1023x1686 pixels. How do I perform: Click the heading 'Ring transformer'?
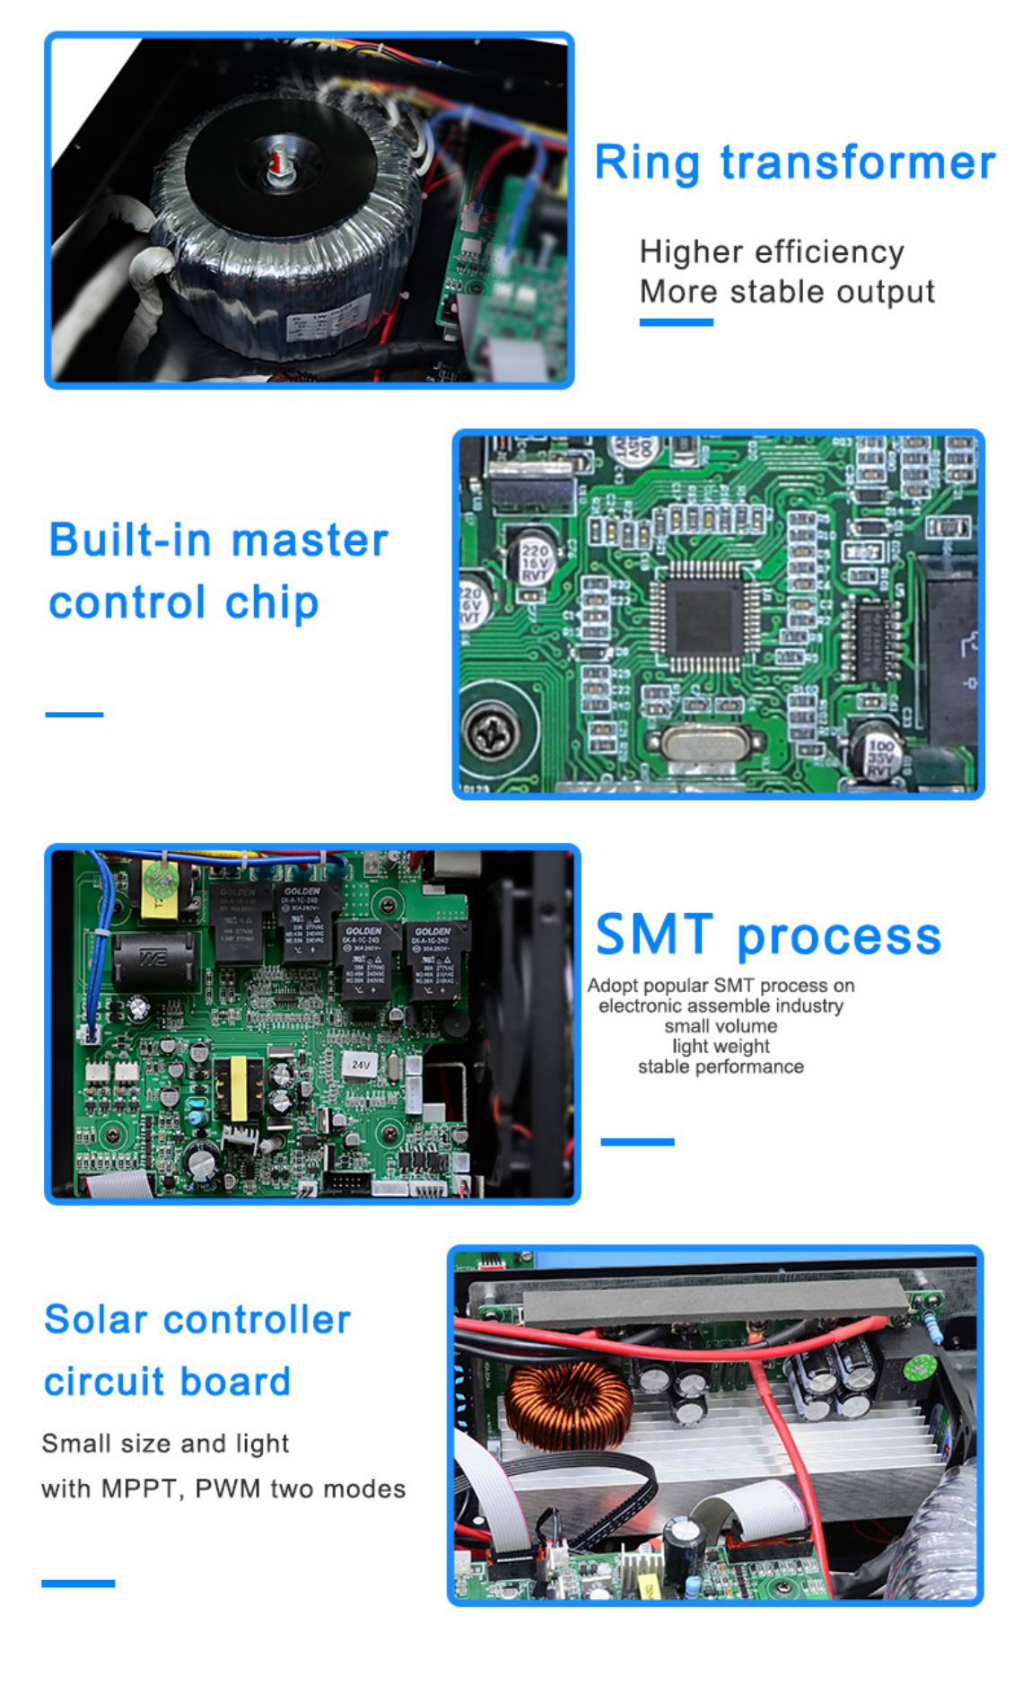pyautogui.click(x=794, y=163)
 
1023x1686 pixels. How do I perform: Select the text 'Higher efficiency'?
pyautogui.click(x=772, y=252)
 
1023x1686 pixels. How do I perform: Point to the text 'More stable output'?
pyautogui.click(x=787, y=292)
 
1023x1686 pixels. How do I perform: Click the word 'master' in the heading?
pyautogui.click(x=310, y=540)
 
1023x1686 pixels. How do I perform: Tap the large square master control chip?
pyautogui.click(x=704, y=618)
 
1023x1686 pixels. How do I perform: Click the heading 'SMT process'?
pyautogui.click(x=768, y=935)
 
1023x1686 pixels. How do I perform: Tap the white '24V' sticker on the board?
pyautogui.click(x=361, y=1064)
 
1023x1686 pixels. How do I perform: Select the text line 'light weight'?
pyautogui.click(x=721, y=1046)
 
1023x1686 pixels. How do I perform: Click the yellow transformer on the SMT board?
pyautogui.click(x=239, y=1088)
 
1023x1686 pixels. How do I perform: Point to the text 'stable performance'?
pyautogui.click(x=721, y=1067)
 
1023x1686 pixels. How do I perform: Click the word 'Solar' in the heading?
pyautogui.click(x=96, y=1320)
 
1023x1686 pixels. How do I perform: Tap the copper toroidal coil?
pyautogui.click(x=567, y=1405)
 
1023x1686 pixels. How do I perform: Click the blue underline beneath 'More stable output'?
pyautogui.click(x=676, y=322)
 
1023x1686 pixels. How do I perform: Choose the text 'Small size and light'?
pyautogui.click(x=165, y=1444)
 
